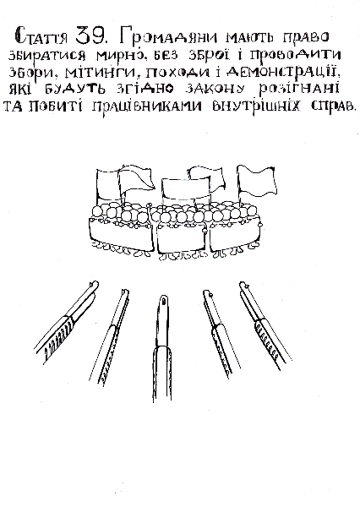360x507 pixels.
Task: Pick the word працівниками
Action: pos(147,106)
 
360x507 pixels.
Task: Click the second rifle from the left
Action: pos(109,336)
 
